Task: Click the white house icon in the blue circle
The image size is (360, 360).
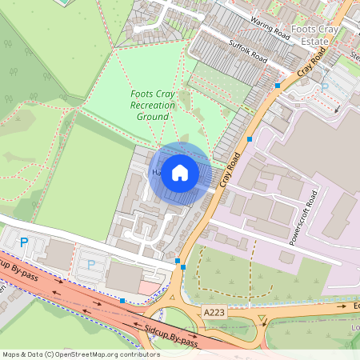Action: coord(180,173)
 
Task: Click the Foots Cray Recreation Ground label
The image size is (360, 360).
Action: coord(152,106)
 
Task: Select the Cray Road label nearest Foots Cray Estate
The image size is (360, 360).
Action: coord(314,62)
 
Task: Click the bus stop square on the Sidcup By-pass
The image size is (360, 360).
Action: coord(122,301)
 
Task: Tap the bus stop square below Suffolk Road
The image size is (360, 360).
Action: coord(278,85)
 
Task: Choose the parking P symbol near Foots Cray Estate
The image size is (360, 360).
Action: coord(325,86)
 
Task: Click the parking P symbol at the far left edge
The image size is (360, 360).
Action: coord(23,242)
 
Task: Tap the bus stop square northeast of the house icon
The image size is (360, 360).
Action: coord(250,139)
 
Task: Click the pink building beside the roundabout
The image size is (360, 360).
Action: coord(150,286)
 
